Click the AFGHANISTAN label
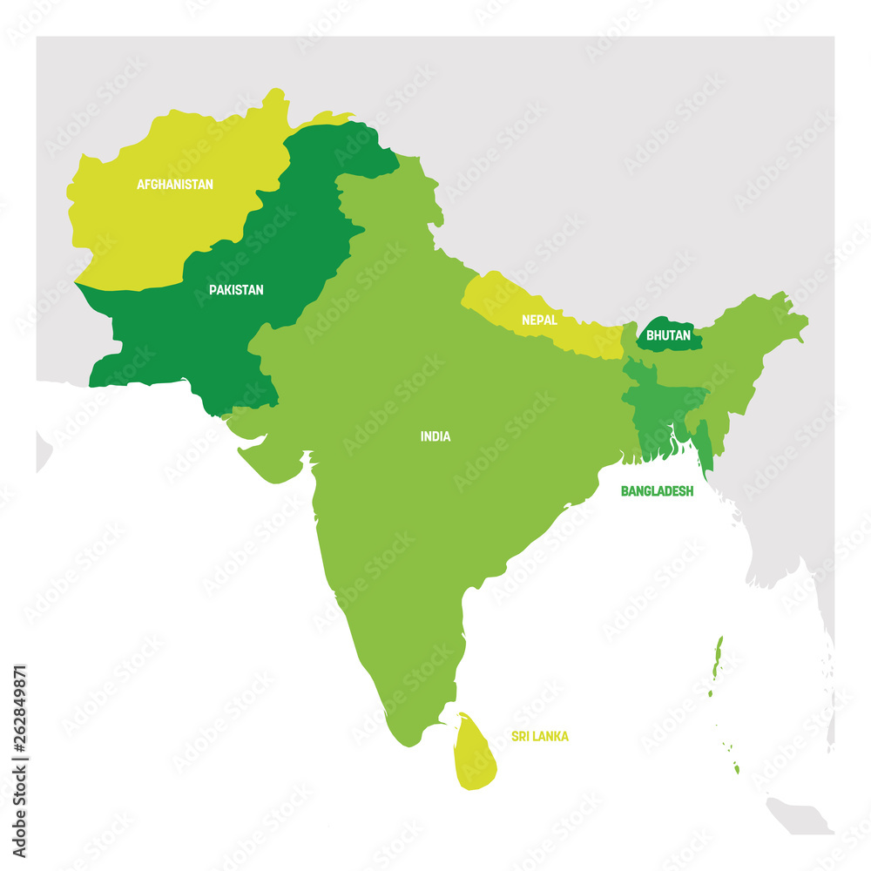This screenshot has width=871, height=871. click(174, 184)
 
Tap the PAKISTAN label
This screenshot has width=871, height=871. click(235, 289)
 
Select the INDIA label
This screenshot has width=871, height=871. click(435, 436)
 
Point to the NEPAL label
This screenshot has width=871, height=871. click(539, 320)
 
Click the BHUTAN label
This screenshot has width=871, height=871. click(669, 334)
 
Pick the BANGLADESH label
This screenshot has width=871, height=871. click(657, 491)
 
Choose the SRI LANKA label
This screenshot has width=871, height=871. click(540, 737)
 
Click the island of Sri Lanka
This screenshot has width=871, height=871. click(476, 753)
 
